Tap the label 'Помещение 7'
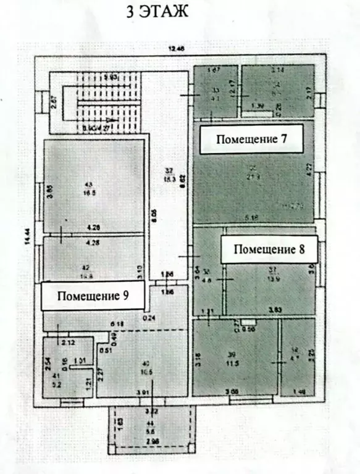[251, 139]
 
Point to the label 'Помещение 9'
[93, 296]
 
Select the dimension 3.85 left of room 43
[51, 191]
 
